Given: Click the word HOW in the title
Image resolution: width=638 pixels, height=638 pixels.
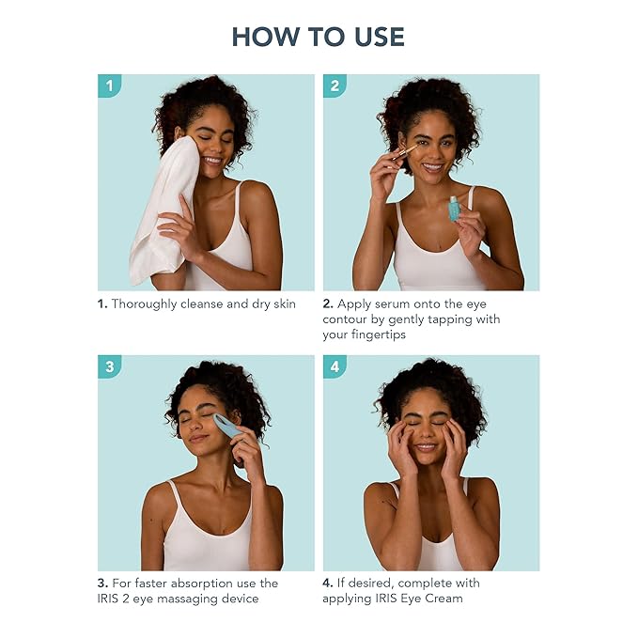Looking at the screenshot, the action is (x=265, y=37).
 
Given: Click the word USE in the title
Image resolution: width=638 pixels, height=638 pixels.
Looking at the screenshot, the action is (x=380, y=37).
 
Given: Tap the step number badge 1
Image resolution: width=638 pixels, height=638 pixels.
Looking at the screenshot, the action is (x=109, y=86).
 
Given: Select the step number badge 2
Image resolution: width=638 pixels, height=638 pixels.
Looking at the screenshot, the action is (x=335, y=86).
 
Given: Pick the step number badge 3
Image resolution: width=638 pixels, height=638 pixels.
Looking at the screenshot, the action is (x=109, y=366).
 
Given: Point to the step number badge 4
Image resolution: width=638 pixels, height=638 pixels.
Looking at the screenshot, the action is (x=335, y=366).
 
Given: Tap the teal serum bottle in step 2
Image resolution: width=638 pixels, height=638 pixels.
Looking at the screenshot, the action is (x=454, y=209).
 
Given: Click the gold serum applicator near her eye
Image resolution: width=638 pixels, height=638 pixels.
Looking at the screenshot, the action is (x=404, y=152).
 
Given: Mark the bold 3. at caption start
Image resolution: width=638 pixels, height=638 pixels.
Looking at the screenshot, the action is (x=103, y=584).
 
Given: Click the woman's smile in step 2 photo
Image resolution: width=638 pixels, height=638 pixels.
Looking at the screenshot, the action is (x=432, y=166).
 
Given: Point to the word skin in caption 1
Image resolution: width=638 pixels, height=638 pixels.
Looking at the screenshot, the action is (x=285, y=303).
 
